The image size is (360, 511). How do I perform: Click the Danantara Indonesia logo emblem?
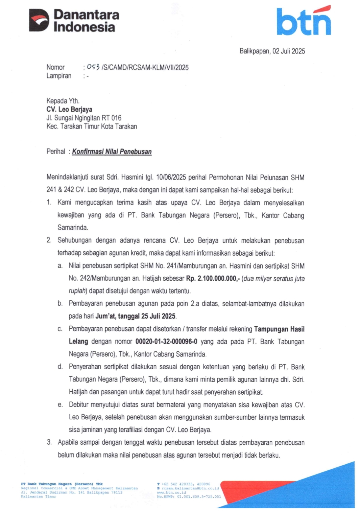pyautogui.click(x=39, y=20)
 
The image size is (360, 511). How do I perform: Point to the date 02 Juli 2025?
pyautogui.click(x=289, y=51)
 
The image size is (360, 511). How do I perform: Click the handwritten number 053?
pyautogui.click(x=93, y=67)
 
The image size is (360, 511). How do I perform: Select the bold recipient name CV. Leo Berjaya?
pyautogui.click(x=69, y=109)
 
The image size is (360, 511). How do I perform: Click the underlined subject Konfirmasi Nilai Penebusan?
pyautogui.click(x=112, y=152)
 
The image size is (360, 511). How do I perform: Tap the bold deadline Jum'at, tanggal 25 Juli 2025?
pyautogui.click(x=136, y=316)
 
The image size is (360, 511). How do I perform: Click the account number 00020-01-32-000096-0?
pyautogui.click(x=166, y=342)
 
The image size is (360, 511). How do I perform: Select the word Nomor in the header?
pyautogui.click(x=55, y=67)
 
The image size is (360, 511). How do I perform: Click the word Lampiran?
pyautogui.click(x=59, y=76)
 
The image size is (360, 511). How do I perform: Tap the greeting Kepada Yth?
pyautogui.click(x=63, y=101)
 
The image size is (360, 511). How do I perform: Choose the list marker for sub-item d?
pyautogui.click(x=60, y=367)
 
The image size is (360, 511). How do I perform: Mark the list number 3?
pyautogui.click(x=49, y=442)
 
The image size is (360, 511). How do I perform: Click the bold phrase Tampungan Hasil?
pyautogui.click(x=279, y=329)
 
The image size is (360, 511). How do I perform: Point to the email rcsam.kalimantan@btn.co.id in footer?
pyautogui.click(x=190, y=488)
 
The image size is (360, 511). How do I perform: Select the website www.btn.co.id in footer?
pyautogui.click(x=171, y=492)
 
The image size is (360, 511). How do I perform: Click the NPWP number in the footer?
pyautogui.click(x=199, y=496)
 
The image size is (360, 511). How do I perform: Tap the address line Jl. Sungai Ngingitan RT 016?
pyautogui.click(x=84, y=118)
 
